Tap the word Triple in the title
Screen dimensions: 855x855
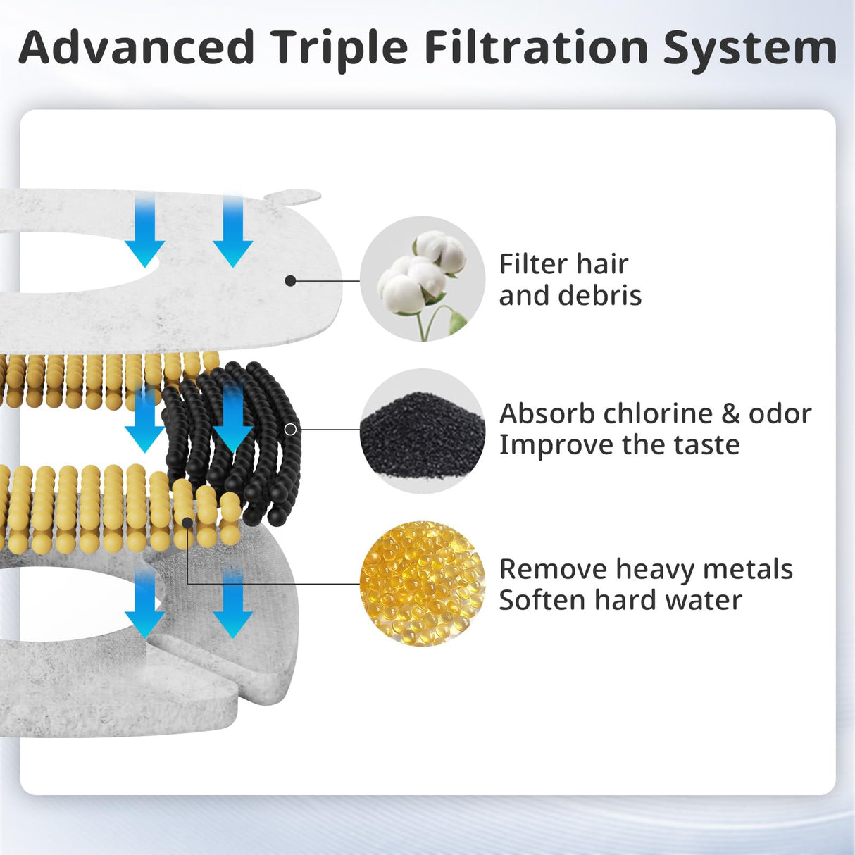(x=339, y=48)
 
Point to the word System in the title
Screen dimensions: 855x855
(x=749, y=48)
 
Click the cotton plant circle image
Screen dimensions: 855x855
(x=422, y=279)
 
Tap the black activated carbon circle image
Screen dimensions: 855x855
(x=422, y=431)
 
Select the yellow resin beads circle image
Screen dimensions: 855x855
(x=422, y=583)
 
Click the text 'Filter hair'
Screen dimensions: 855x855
(x=563, y=264)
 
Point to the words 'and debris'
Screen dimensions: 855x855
(x=570, y=296)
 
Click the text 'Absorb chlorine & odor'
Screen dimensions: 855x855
(x=655, y=414)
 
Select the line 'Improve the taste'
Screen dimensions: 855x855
(x=619, y=445)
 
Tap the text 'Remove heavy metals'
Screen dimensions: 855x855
(x=646, y=569)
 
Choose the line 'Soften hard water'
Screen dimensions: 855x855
(x=620, y=600)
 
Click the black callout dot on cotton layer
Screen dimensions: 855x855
(x=290, y=280)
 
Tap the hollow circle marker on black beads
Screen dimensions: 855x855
(x=290, y=429)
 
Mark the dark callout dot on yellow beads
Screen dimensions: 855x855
(x=187, y=523)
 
